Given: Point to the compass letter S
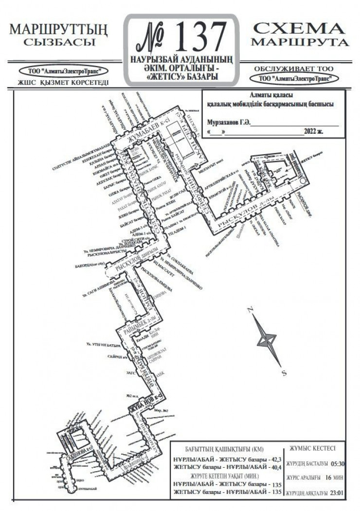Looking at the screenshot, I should [284, 373].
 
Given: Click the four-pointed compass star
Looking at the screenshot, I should [267, 340].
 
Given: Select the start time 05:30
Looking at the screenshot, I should [339, 464].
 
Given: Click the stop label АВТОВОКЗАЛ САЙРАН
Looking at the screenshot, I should [156, 360].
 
